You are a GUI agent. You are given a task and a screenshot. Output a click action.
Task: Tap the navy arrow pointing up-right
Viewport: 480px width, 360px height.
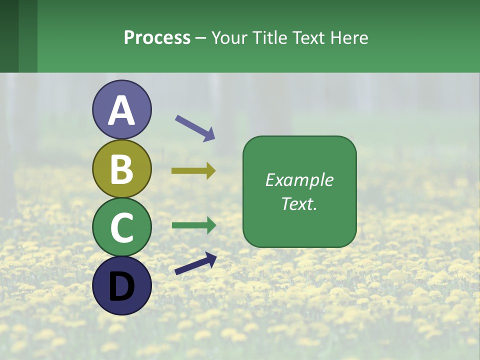[195, 263]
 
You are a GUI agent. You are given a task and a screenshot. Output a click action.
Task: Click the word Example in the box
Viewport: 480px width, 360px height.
[299, 180]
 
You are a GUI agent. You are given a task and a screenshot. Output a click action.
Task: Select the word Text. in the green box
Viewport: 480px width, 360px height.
[299, 204]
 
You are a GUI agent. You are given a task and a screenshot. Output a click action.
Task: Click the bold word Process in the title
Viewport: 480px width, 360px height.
[157, 38]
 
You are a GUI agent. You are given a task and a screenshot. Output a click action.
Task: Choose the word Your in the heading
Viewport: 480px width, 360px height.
[229, 38]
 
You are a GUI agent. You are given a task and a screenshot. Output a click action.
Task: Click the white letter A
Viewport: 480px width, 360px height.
[121, 111]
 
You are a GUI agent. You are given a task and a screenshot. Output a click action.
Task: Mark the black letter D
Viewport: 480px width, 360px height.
[121, 286]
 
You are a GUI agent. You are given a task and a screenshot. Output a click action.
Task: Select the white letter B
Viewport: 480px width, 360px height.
[121, 169]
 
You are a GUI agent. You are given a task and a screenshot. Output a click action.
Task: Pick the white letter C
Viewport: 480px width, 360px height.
[121, 227]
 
